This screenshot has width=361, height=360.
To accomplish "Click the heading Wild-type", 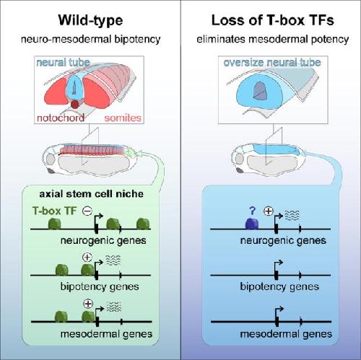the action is (x=90, y=21).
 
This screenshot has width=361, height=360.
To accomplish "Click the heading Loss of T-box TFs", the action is (x=273, y=20).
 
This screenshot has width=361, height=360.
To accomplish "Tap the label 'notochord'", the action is (x=61, y=118).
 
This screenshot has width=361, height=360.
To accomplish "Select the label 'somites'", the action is (x=123, y=118).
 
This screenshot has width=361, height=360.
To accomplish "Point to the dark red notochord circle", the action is (x=74, y=105).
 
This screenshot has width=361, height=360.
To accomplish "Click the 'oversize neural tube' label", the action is (x=272, y=63).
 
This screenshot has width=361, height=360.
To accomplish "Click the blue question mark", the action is (x=252, y=211).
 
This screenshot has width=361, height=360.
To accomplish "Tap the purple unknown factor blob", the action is (x=252, y=224).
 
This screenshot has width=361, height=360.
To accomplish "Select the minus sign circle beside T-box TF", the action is (x=87, y=211).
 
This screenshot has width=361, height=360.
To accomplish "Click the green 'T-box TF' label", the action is (x=54, y=211).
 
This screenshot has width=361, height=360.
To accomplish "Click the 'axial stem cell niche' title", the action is (x=91, y=194).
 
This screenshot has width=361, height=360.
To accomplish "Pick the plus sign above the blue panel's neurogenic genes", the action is (x=269, y=211).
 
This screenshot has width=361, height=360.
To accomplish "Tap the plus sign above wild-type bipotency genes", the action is (x=87, y=258).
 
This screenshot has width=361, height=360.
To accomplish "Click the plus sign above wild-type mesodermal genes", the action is (x=88, y=304).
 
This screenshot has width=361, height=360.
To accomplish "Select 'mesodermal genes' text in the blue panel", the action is (x=286, y=334).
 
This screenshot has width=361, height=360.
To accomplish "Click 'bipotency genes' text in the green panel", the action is (x=100, y=286).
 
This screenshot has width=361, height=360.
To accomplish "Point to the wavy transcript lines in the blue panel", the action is (x=292, y=215).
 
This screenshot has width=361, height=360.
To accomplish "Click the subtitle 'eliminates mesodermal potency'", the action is (x=273, y=39).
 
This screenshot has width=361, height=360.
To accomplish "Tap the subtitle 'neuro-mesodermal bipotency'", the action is (x=91, y=39).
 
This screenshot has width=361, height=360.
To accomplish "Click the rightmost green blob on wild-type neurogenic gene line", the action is (x=143, y=224).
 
